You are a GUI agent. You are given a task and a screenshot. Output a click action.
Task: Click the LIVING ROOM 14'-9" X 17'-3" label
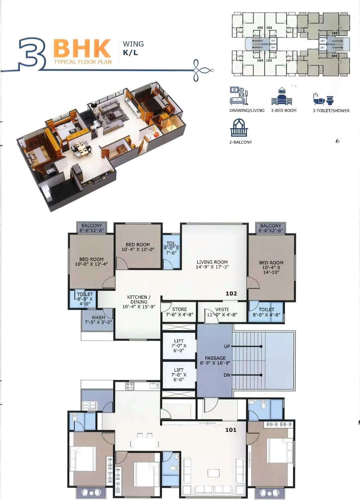tap(212, 264)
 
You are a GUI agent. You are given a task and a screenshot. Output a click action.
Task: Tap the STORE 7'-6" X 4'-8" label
tap(179, 312)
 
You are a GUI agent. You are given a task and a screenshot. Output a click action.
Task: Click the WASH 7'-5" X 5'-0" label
tap(98, 320)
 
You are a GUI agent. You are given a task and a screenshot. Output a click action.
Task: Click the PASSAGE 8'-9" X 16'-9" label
tap(215, 360)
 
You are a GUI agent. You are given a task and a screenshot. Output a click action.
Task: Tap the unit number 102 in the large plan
tap(231, 294)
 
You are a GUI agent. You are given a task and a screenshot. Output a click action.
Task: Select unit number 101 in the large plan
tap(231, 430)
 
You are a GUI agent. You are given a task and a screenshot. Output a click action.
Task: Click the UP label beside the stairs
tap(227, 346)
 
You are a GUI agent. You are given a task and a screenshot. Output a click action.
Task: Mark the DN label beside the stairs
tap(227, 375)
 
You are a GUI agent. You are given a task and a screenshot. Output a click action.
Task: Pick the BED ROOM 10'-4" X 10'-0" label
tap(138, 247)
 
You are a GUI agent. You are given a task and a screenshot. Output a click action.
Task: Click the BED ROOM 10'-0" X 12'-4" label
tap(91, 261)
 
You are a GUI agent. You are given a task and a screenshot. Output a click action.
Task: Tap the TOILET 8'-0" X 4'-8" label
tap(266, 312)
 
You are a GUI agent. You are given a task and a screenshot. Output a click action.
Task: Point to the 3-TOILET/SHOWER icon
tap(323, 98)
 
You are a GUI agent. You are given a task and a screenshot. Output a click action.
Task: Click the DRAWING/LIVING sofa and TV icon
tap(239, 96)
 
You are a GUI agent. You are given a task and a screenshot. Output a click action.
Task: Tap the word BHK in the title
tap(82, 48)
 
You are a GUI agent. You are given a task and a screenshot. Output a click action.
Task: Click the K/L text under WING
tap(130, 53)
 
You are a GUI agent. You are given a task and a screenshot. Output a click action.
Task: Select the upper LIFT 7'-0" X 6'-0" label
tap(179, 346)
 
